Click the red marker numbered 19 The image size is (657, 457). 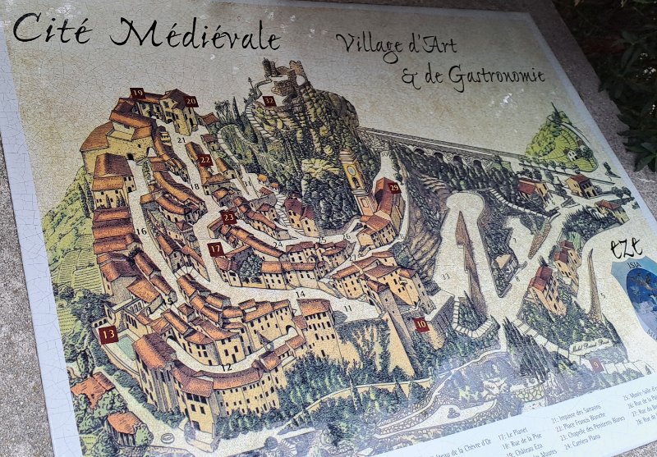pyautogui.click(x=137, y=94)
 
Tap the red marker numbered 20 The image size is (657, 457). pyautogui.click(x=191, y=102)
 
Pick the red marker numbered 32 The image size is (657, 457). pyautogui.click(x=269, y=101)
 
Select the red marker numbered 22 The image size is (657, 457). pyautogui.click(x=205, y=160)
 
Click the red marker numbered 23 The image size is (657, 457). pyautogui.click(x=228, y=217)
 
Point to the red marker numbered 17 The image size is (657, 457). pyautogui.click(x=215, y=249)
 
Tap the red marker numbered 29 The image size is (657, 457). pyautogui.click(x=393, y=188)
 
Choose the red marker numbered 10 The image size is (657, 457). pyautogui.click(x=420, y=324)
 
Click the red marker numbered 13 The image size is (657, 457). pyautogui.click(x=108, y=334)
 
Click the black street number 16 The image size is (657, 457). pyautogui.click(x=141, y=231)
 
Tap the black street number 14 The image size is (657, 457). pyautogui.click(x=301, y=293)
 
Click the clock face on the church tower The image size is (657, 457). pyautogui.click(x=353, y=171)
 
